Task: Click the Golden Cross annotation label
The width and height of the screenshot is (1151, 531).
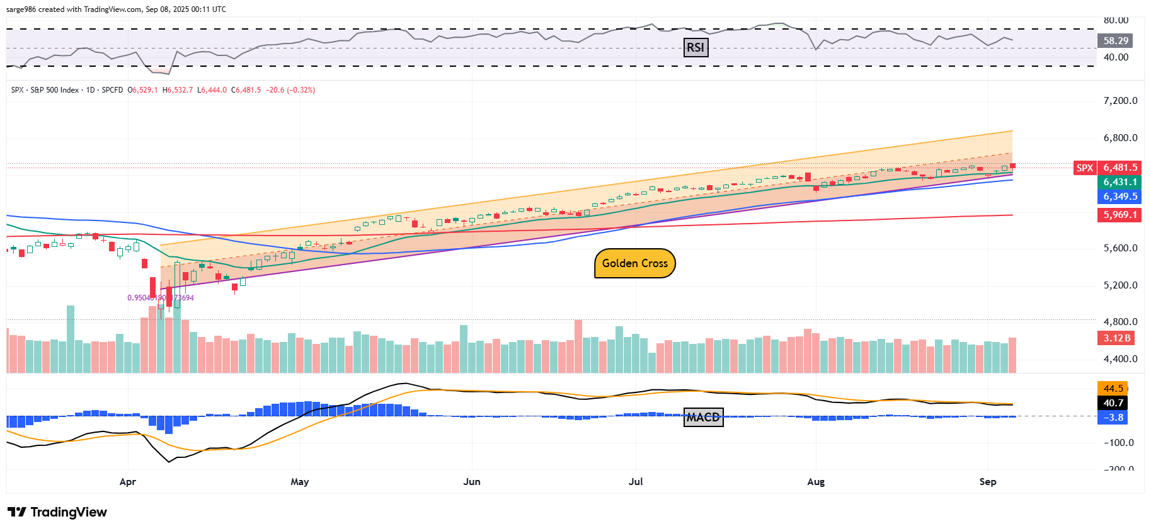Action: [634, 263]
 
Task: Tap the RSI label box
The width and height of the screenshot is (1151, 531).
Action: [696, 47]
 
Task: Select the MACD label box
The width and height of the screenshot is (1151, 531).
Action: [703, 417]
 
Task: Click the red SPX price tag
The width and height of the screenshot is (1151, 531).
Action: [1085, 168]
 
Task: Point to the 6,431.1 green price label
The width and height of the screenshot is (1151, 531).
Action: [1120, 182]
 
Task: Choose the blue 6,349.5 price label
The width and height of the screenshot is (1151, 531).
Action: [1120, 197]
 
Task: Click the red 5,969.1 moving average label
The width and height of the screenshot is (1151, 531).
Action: [1120, 215]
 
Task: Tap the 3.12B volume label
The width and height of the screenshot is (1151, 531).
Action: [1117, 338]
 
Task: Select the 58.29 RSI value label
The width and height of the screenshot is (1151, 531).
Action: [1116, 41]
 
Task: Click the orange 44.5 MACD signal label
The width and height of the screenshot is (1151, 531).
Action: [1113, 389]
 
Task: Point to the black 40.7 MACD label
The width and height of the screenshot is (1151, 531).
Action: [1113, 403]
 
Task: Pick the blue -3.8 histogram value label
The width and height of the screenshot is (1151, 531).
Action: [1113, 418]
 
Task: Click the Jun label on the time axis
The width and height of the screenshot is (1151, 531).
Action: [472, 482]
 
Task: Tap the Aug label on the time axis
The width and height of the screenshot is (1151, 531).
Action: [816, 482]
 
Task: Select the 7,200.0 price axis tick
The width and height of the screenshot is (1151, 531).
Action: [1120, 101]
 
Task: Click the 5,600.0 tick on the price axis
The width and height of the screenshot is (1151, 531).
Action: [1120, 248]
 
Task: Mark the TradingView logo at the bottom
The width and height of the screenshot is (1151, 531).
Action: [57, 512]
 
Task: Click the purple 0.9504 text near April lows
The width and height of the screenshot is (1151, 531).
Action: [161, 298]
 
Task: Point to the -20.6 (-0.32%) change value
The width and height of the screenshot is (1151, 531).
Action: [290, 90]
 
